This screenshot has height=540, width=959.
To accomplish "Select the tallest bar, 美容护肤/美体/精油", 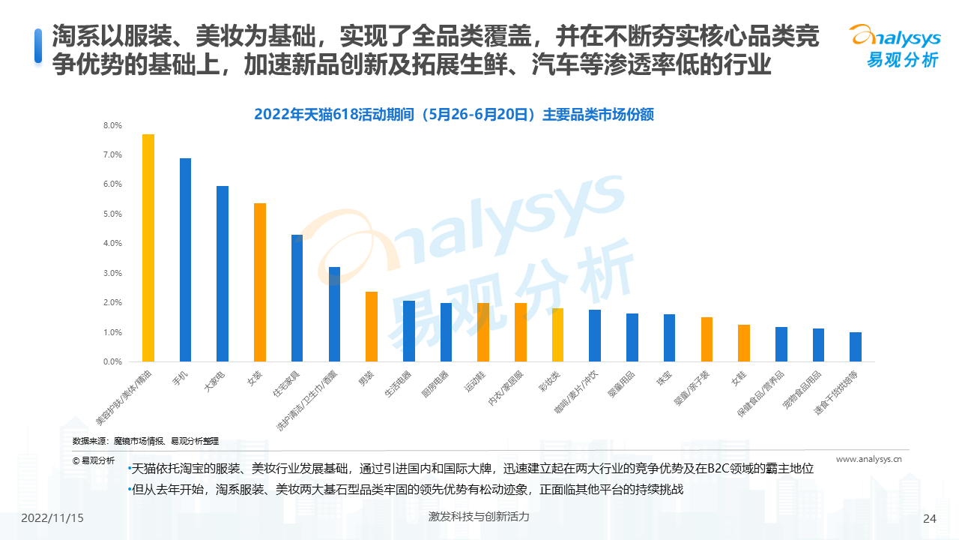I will (x=148, y=247).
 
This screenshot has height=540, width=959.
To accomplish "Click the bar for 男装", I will (x=372, y=326).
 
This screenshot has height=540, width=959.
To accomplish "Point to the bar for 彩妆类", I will (x=557, y=334).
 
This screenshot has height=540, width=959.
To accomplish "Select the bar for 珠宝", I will (x=669, y=337).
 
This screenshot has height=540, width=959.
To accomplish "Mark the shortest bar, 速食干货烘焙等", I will (x=856, y=346).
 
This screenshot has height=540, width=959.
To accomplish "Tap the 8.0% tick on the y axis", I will (x=112, y=125).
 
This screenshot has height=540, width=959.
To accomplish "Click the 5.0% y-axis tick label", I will (x=112, y=214).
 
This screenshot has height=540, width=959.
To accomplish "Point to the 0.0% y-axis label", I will (x=112, y=361).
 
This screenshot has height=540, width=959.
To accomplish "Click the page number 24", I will (x=930, y=518).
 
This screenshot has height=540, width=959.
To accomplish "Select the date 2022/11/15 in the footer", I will (x=52, y=518).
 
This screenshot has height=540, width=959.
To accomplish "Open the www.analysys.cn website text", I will (x=868, y=460).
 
